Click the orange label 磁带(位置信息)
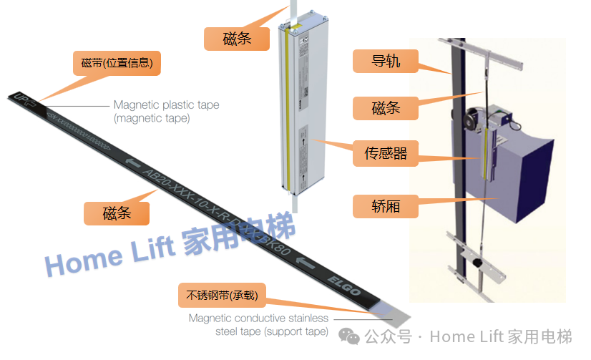point(117,63)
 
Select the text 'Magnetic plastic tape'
point(166,105)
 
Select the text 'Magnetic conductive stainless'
point(258,318)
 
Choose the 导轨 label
point(386,62)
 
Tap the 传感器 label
point(386,152)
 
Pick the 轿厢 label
point(386,207)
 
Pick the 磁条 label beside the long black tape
point(117,213)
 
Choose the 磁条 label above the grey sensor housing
point(237,38)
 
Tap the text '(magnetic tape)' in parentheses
point(152,118)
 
